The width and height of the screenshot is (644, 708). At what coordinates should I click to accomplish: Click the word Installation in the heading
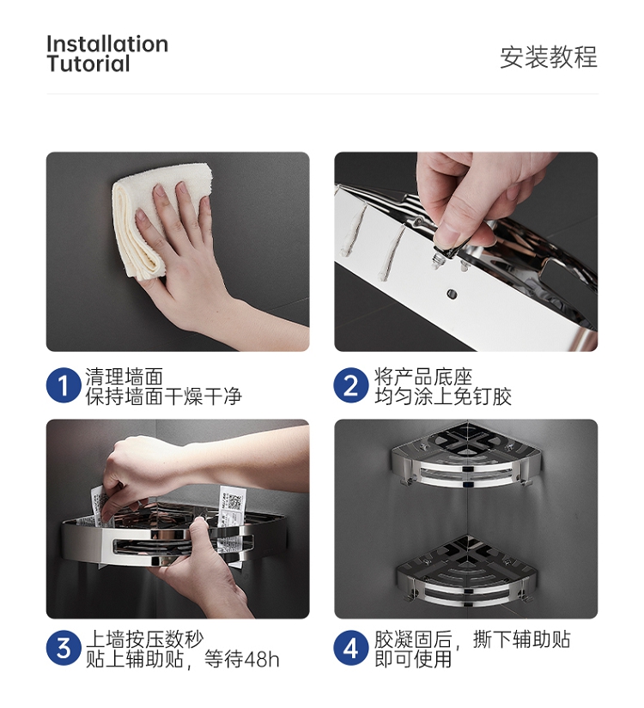pyautogui.click(x=107, y=45)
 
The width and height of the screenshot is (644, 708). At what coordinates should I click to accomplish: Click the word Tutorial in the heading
pyautogui.click(x=88, y=64)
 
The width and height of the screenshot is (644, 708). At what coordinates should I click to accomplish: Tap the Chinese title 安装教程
pyautogui.click(x=548, y=57)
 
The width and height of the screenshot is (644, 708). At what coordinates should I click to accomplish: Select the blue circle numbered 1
pyautogui.click(x=64, y=385)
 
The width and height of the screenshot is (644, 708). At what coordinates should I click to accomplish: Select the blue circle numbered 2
pyautogui.click(x=350, y=385)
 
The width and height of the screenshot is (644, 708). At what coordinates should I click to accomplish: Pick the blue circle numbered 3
pyautogui.click(x=64, y=648)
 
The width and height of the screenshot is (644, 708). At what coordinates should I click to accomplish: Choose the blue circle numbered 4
pyautogui.click(x=350, y=648)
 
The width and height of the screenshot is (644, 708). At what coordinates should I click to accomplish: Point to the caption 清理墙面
pyautogui.click(x=125, y=377)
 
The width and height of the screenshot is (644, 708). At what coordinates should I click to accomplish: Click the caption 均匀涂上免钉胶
pyautogui.click(x=443, y=396)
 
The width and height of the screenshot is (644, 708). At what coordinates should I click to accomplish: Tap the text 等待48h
pyautogui.click(x=242, y=659)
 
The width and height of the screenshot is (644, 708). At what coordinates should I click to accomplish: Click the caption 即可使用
pyautogui.click(x=413, y=659)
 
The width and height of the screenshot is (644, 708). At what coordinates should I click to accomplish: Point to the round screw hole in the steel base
pyautogui.click(x=452, y=294)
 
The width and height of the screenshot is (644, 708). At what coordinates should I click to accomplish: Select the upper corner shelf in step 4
pyautogui.click(x=466, y=455)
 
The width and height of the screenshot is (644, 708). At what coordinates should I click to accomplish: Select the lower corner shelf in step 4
pyautogui.click(x=466, y=572)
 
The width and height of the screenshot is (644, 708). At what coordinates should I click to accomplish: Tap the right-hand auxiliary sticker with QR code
pyautogui.click(x=230, y=506)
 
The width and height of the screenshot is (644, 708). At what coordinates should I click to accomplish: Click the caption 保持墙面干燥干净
pyautogui.click(x=164, y=396)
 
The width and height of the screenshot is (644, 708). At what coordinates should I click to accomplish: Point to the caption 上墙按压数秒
pyautogui.click(x=144, y=639)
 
